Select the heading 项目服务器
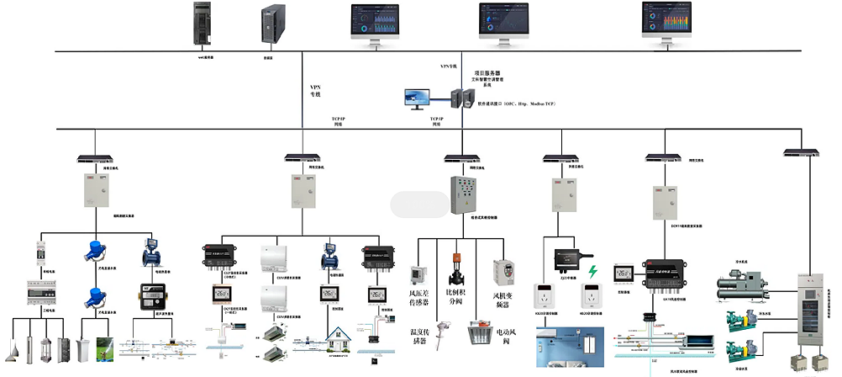tap(488, 74)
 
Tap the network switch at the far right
tap(801, 151)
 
